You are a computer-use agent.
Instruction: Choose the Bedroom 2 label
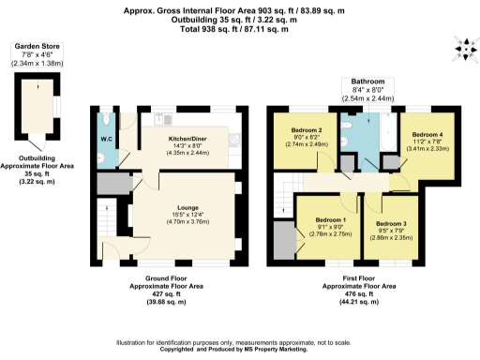(307, 130)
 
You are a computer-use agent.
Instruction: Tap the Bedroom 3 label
(392, 224)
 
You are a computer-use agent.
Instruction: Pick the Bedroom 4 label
(426, 135)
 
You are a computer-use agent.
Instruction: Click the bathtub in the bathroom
(383, 130)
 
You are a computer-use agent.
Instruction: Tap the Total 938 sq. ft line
(239, 29)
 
